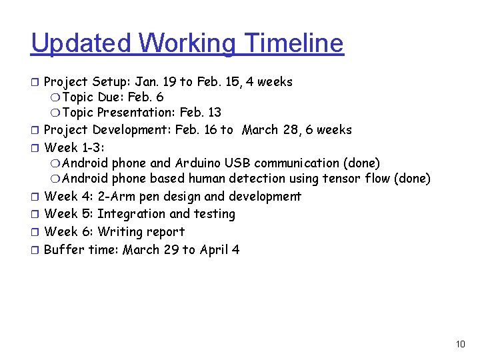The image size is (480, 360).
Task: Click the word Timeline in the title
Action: point(294,43)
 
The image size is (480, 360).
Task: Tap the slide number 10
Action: point(460,344)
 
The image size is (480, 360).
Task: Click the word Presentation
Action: point(133,113)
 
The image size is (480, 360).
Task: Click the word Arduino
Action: point(198,163)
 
